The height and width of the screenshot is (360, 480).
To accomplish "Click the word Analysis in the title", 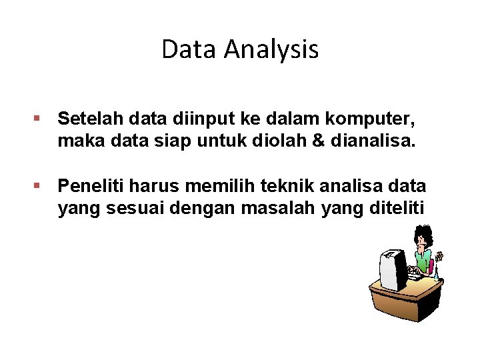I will (271, 49).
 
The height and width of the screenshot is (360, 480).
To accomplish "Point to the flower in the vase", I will (439, 256).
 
